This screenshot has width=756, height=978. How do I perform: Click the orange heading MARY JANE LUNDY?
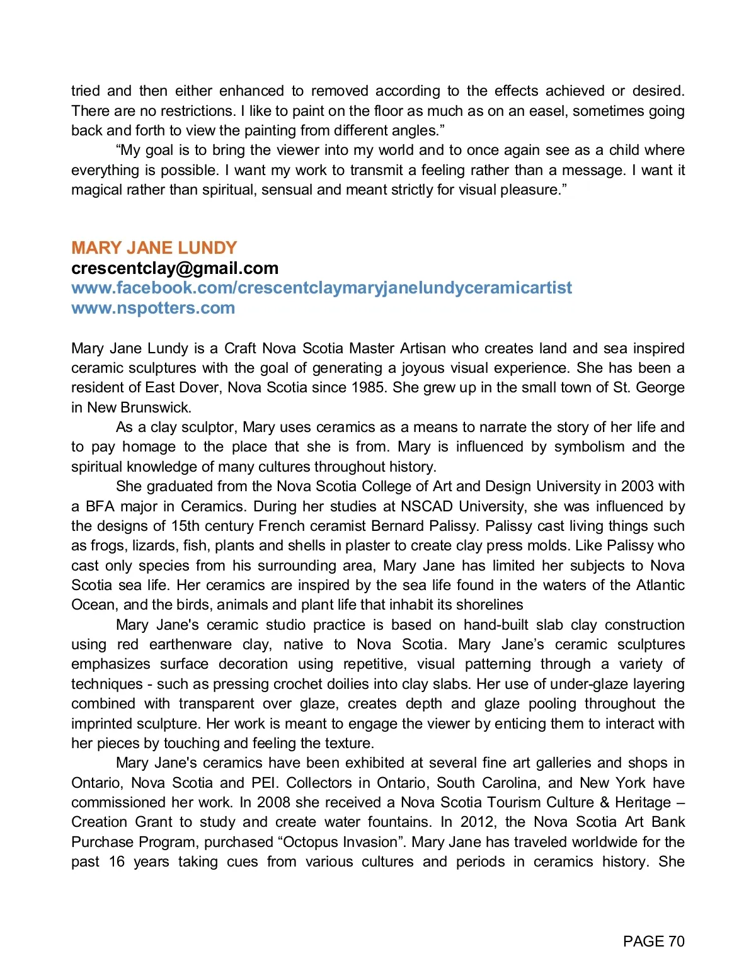[x=154, y=247]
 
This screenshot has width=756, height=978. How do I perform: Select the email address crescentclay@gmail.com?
[x=175, y=268]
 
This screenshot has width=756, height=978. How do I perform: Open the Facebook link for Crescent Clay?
[x=321, y=288]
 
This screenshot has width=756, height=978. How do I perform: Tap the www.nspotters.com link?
[x=153, y=308]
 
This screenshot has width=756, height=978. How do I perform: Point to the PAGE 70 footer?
[x=653, y=941]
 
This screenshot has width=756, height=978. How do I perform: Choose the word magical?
[x=96, y=190]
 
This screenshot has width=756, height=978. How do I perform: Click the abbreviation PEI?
[x=265, y=783]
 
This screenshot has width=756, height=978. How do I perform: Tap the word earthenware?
[x=190, y=644]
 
